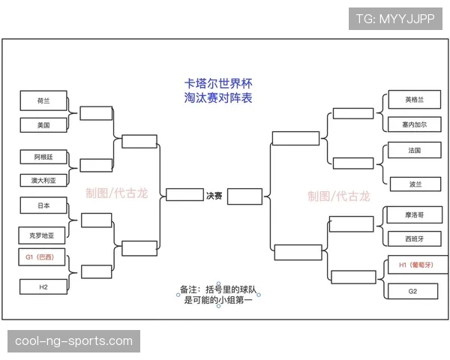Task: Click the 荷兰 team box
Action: coord(43,100)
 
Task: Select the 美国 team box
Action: coord(43,125)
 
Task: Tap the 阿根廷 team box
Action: coord(43,157)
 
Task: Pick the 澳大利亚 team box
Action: coord(43,180)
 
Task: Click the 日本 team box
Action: coord(43,205)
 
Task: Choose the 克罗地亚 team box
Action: coord(42,235)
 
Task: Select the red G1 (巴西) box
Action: coord(42,257)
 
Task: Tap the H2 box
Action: coord(43,286)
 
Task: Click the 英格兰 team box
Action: coord(415,100)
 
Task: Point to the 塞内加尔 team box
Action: coord(415,124)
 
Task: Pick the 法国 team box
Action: coord(415,150)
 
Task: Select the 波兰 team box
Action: coord(415,184)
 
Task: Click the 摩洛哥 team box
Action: coord(415,214)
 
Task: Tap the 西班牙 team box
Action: coord(415,238)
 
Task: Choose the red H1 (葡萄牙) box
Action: coord(418,265)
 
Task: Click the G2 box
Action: coord(412,291)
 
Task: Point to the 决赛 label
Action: coord(214,196)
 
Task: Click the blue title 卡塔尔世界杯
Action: coord(218,83)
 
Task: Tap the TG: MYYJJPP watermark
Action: coord(395,19)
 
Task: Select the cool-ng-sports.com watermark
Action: coord(73,341)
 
